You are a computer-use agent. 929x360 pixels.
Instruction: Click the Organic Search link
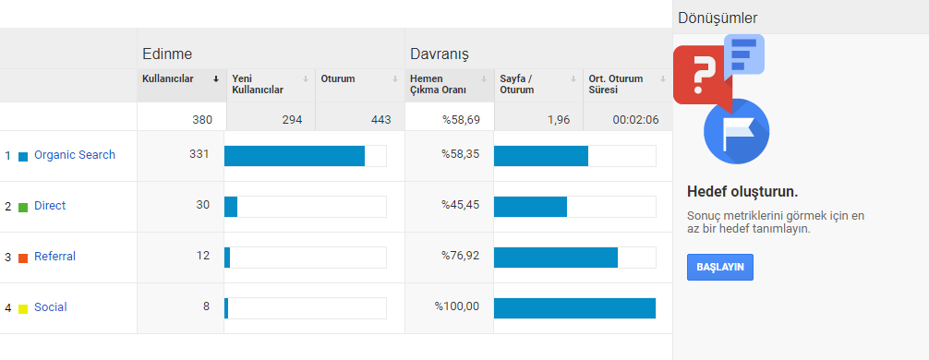click(x=75, y=155)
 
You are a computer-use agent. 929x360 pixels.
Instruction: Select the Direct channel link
click(x=50, y=206)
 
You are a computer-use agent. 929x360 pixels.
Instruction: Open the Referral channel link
click(x=55, y=257)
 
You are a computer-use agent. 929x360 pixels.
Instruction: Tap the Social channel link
click(x=51, y=307)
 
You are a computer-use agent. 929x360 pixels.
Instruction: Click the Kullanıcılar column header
click(x=168, y=78)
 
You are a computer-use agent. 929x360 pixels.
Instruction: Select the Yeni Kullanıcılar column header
click(x=258, y=84)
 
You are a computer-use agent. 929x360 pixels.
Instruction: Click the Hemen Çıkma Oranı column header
click(x=439, y=84)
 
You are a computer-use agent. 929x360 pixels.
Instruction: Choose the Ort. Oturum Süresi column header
click(x=617, y=84)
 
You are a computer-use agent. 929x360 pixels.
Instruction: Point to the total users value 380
click(x=202, y=120)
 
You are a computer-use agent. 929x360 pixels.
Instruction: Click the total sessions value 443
click(x=381, y=120)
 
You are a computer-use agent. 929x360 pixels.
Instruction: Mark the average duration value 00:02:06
click(x=635, y=120)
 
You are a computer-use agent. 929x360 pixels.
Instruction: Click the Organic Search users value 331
click(x=199, y=154)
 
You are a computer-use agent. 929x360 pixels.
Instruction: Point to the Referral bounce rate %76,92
click(x=461, y=257)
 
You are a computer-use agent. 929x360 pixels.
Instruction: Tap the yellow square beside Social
click(x=23, y=308)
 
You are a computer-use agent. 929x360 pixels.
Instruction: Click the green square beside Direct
click(x=23, y=208)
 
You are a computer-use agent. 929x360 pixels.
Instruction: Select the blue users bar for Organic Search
click(x=295, y=156)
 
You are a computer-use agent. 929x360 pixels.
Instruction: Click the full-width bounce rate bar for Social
click(x=574, y=308)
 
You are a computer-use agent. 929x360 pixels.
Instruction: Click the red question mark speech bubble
click(x=702, y=75)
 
